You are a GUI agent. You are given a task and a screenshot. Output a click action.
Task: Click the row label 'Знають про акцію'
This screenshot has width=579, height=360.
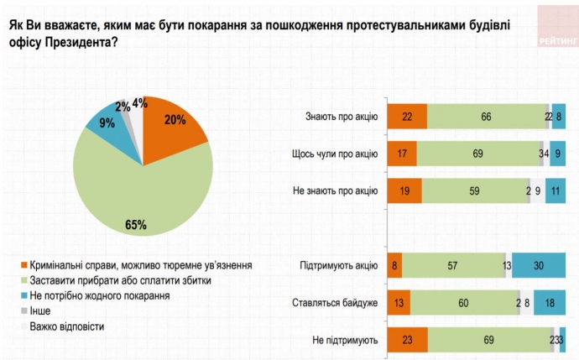coord(341,116)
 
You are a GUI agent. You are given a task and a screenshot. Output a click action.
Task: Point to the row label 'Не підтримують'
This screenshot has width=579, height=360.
coord(343,340)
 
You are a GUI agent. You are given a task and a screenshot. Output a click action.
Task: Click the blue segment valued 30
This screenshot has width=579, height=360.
coord(539,267)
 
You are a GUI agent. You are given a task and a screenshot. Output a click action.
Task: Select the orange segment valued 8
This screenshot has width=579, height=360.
coord(394,267)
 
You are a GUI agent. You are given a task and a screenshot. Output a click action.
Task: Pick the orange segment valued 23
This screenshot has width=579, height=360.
coord(408,340)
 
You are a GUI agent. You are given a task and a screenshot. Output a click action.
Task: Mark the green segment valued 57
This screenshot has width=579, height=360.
coord(453,267)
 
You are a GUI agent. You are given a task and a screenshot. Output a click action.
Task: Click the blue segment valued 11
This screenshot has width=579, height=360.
coord(555,190)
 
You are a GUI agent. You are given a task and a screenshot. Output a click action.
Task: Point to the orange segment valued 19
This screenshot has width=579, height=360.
coord(404,190)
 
